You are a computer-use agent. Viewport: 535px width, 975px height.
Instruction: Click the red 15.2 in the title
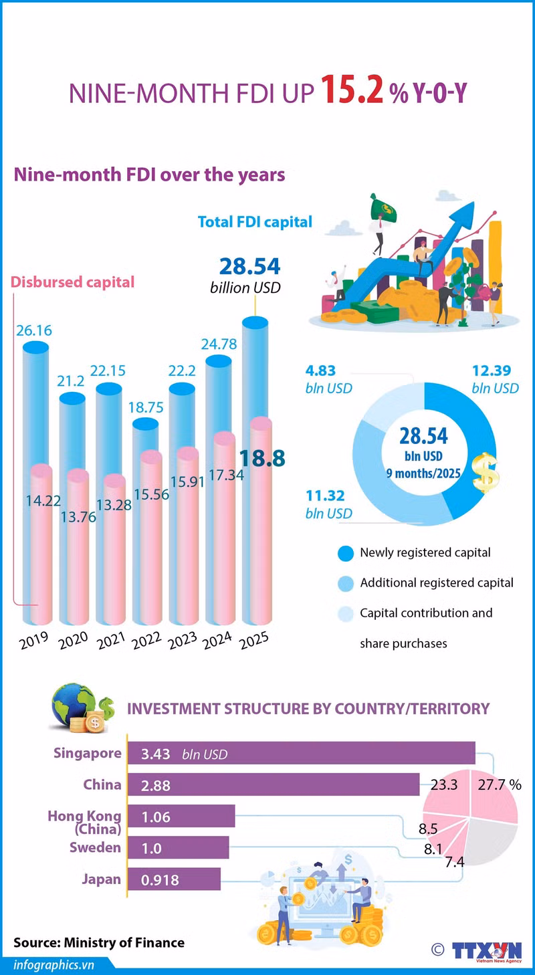tap(352, 92)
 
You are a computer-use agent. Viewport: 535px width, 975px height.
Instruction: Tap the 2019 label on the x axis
tap(33, 642)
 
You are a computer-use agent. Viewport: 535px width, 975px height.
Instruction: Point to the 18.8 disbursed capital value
tap(262, 458)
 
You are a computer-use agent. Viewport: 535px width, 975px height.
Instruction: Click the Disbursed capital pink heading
tap(72, 282)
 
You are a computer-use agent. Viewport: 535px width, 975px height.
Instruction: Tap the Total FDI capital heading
tap(255, 221)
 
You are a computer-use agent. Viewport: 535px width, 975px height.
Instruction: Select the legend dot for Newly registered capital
tap(345, 553)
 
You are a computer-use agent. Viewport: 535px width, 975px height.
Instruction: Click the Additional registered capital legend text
tap(437, 582)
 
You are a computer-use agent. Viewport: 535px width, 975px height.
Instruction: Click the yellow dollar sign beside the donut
tap(486, 472)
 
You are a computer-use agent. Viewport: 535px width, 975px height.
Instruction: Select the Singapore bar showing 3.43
tap(301, 754)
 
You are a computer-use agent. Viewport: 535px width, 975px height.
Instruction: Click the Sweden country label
tap(96, 847)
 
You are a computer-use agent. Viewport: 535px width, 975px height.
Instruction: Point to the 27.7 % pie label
tap(498, 784)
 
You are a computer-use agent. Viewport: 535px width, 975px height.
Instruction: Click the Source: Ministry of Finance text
tap(99, 942)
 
